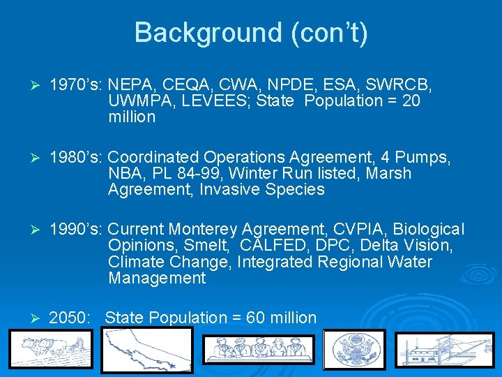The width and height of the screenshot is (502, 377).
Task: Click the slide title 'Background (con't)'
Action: [251, 32]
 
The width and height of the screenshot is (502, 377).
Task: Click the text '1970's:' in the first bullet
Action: [76, 84]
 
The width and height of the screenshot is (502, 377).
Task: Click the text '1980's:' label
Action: [76, 157]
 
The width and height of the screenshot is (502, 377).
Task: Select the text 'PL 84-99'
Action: [183, 173]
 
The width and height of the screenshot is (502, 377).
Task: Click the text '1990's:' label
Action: [76, 229]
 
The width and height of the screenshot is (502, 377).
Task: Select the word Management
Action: [157, 279]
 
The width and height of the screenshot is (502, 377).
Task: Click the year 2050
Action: [69, 318]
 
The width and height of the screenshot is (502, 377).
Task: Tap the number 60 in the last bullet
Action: [256, 318]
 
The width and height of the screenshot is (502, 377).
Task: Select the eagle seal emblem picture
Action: [356, 349]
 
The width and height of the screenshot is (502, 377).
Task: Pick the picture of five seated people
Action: [259, 350]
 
